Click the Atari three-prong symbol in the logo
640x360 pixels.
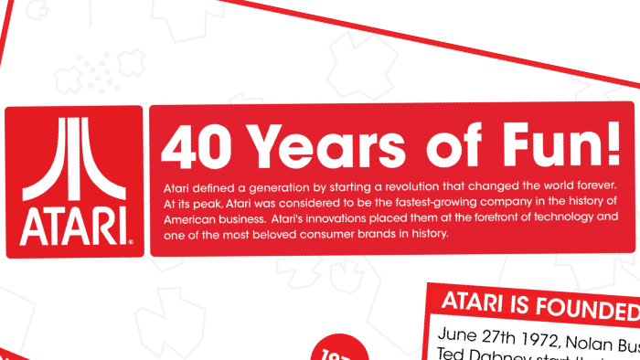(x=74, y=162)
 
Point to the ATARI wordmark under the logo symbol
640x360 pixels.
(x=74, y=223)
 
